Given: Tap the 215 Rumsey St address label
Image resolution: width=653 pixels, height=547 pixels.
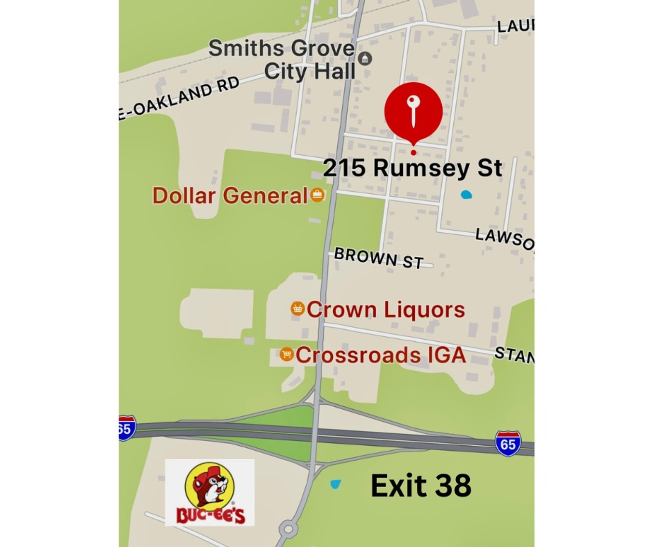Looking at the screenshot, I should coord(412,168).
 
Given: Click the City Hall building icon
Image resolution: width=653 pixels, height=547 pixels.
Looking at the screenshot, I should coord(365,59).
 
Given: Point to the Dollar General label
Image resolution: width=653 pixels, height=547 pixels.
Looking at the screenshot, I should coord(230,196).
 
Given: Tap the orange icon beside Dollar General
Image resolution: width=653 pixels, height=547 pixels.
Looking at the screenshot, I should coord(317,195).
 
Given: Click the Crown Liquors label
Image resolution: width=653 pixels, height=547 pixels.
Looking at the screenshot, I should coord(386,309).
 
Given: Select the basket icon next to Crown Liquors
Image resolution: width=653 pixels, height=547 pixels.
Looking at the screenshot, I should coord(298,308).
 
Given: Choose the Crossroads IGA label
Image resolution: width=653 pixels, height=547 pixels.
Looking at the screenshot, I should coord(381,355).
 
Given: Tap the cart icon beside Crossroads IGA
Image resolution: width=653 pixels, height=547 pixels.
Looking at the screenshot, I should coord(286,354).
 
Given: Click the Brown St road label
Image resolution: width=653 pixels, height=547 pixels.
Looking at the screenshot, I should coord(379,258).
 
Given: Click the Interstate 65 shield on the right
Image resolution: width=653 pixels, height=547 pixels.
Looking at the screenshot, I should coord(508,443).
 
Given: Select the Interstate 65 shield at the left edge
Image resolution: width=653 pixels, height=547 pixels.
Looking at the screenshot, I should coord(125,428).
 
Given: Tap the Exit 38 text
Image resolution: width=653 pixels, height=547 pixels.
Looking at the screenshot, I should coord(421,485).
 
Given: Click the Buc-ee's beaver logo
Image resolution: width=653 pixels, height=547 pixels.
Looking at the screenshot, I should coord(210,492).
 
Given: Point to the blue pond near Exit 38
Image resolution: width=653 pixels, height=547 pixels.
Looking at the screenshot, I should coord(335,483).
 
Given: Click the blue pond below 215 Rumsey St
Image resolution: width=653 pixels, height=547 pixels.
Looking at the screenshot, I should coord(466,195).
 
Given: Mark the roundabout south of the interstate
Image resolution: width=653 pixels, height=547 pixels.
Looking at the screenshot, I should coord(288,529).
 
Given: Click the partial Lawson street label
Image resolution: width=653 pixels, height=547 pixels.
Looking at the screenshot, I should coord(504,238).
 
